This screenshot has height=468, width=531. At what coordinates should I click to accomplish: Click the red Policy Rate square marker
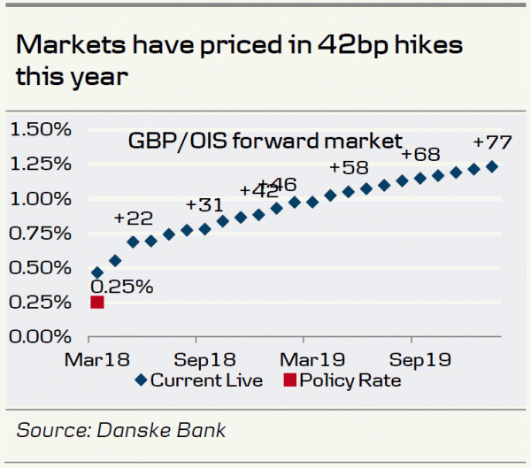point(97,303)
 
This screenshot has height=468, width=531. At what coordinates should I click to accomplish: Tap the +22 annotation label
point(133,219)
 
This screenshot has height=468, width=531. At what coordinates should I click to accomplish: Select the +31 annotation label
point(204,205)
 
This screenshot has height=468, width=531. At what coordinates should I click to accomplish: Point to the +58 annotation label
point(349,168)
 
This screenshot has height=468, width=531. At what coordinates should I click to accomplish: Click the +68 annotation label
point(420,155)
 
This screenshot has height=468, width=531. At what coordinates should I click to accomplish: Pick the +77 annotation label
point(491,142)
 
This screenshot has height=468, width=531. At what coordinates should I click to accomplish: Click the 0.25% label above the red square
point(122,286)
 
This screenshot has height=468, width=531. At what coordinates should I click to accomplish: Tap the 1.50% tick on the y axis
point(40,130)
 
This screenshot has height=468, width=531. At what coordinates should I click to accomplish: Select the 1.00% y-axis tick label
point(40,199)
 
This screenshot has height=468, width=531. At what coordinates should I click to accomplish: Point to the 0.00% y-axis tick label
point(40,336)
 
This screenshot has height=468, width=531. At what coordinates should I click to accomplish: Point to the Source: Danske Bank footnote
point(121,431)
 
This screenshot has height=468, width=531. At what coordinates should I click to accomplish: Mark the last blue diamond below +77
point(492,166)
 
